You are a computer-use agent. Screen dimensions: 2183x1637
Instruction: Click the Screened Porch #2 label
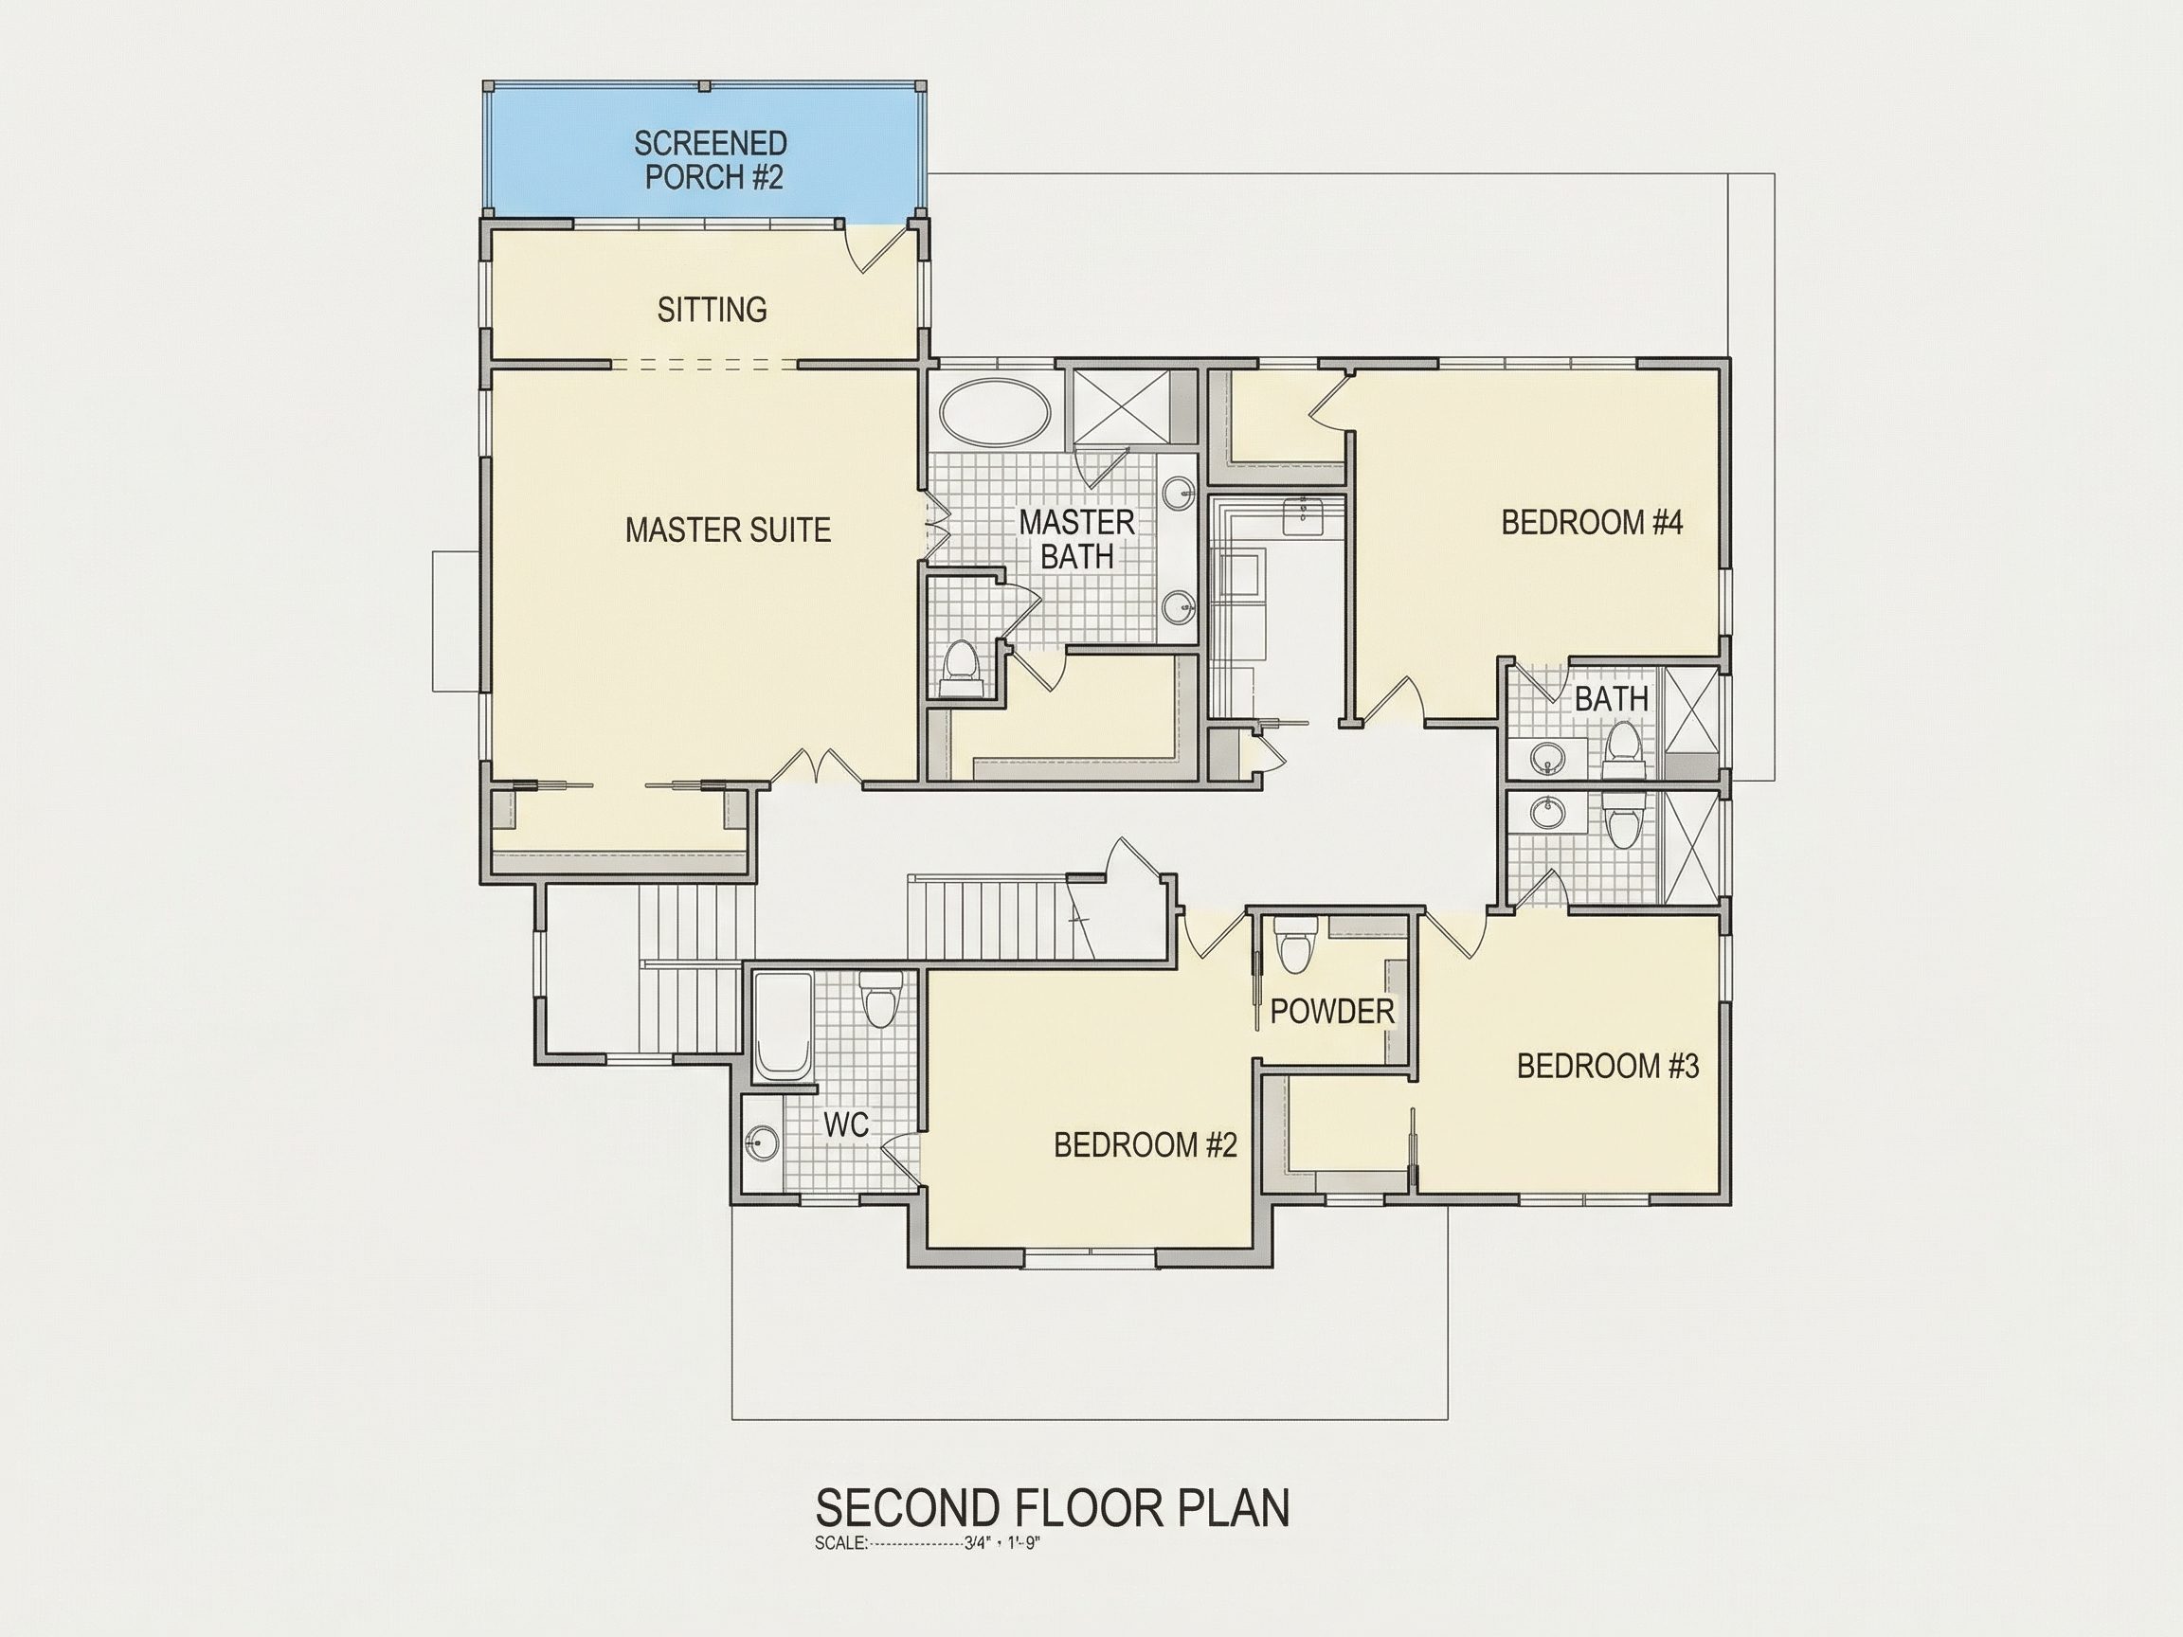(711, 160)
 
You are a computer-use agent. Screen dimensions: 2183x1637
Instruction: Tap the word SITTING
(712, 310)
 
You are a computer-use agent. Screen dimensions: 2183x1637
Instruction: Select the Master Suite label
(728, 530)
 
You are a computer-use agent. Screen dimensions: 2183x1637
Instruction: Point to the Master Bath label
(1076, 539)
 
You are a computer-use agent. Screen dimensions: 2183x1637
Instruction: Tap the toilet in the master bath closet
(960, 664)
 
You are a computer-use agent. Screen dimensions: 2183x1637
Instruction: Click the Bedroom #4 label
(1591, 522)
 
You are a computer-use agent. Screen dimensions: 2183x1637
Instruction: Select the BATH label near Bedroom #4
(1611, 699)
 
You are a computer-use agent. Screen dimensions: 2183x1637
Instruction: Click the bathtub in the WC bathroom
(783, 1027)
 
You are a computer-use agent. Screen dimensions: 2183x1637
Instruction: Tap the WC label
(846, 1124)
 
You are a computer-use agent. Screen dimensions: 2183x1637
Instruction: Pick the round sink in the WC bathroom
(762, 1142)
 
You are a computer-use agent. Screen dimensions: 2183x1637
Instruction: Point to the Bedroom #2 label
(1145, 1144)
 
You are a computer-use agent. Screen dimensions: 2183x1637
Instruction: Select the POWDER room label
(1331, 1011)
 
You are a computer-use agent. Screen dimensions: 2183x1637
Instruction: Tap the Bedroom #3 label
(1608, 1066)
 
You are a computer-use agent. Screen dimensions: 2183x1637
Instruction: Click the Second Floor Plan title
(1052, 1508)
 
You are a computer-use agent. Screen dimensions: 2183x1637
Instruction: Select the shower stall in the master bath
(1122, 407)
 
